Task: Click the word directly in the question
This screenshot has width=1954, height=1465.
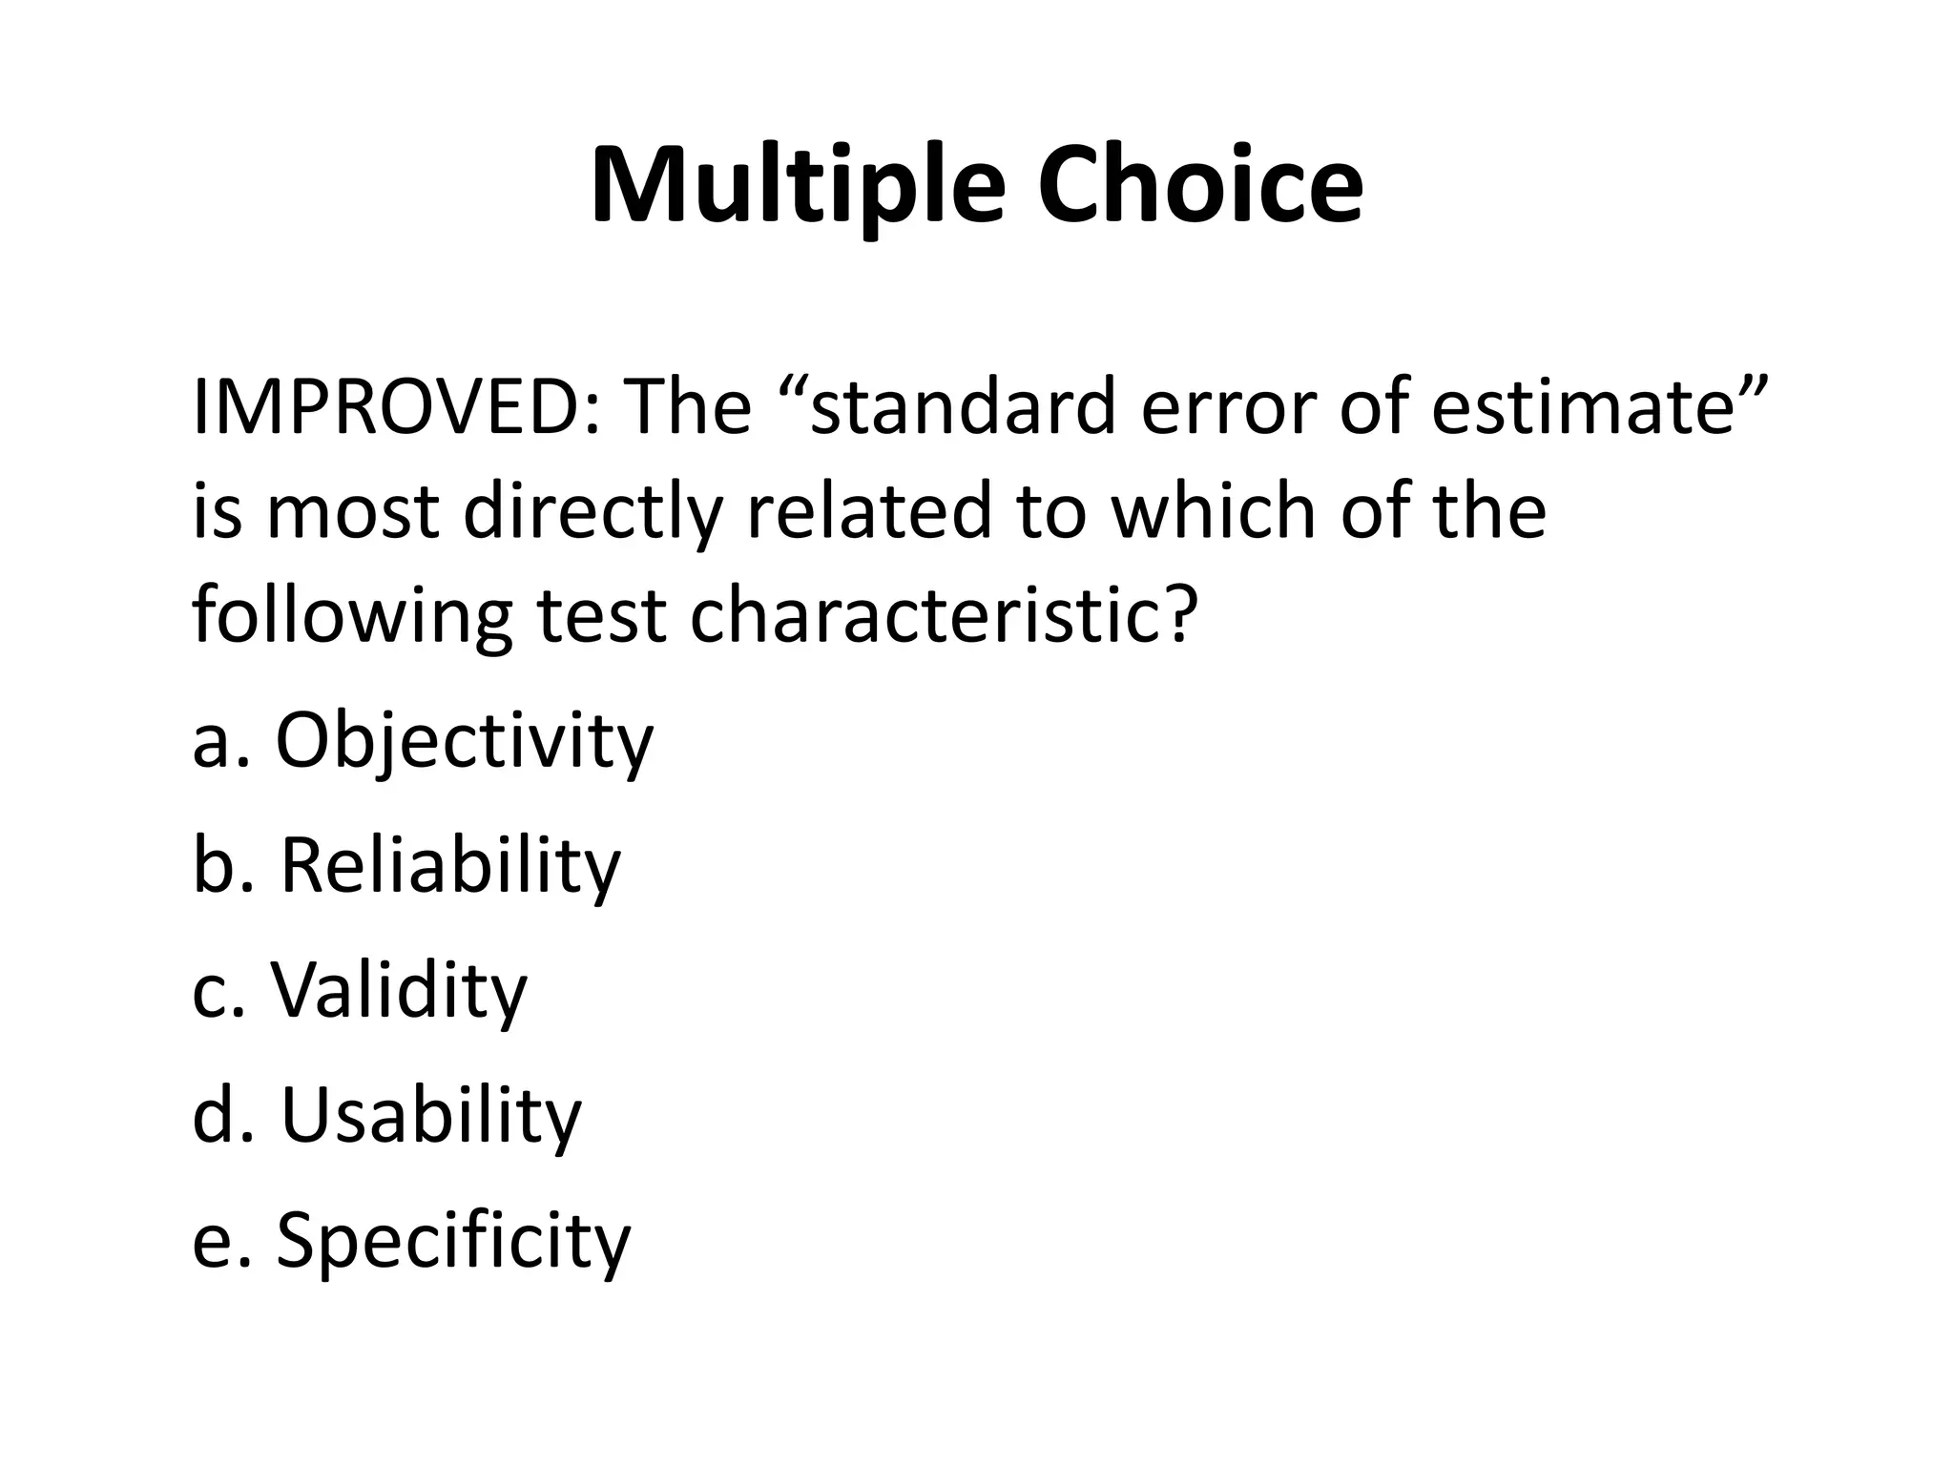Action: pos(592,512)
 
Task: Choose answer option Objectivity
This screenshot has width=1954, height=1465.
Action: pos(465,742)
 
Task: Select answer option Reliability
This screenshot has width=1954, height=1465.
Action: pos(450,866)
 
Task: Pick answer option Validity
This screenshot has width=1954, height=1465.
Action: pos(399,990)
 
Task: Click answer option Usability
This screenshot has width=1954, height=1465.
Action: pos(430,1115)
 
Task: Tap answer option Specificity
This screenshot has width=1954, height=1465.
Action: pos(454,1240)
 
